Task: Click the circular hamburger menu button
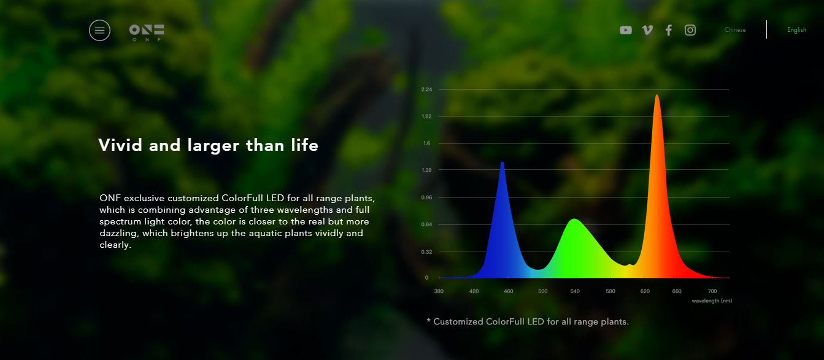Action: (x=99, y=30)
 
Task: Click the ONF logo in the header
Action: (x=147, y=33)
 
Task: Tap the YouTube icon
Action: (x=626, y=30)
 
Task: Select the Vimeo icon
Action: (x=647, y=30)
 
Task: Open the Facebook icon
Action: (x=669, y=30)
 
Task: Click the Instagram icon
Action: (x=690, y=30)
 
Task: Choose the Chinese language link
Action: (x=735, y=30)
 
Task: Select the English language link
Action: (x=796, y=30)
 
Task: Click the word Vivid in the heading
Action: (x=120, y=145)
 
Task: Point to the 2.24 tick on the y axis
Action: (x=426, y=90)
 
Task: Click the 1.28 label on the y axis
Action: (x=426, y=170)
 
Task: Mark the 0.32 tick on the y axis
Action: (x=426, y=252)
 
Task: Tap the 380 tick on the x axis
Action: (x=439, y=291)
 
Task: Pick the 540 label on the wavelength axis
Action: (x=575, y=291)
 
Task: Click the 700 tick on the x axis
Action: (x=712, y=291)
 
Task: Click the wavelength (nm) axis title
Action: (x=712, y=301)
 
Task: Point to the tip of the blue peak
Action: (x=502, y=162)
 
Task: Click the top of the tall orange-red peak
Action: (x=657, y=95)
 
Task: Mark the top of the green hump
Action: (x=574, y=219)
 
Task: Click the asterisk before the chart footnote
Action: (x=428, y=321)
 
